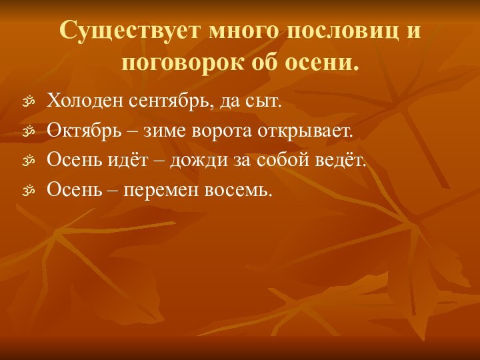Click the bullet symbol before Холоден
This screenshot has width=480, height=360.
coord(28,103)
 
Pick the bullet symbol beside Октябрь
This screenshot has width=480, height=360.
coord(28,132)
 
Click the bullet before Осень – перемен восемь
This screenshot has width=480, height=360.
coord(28,191)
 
